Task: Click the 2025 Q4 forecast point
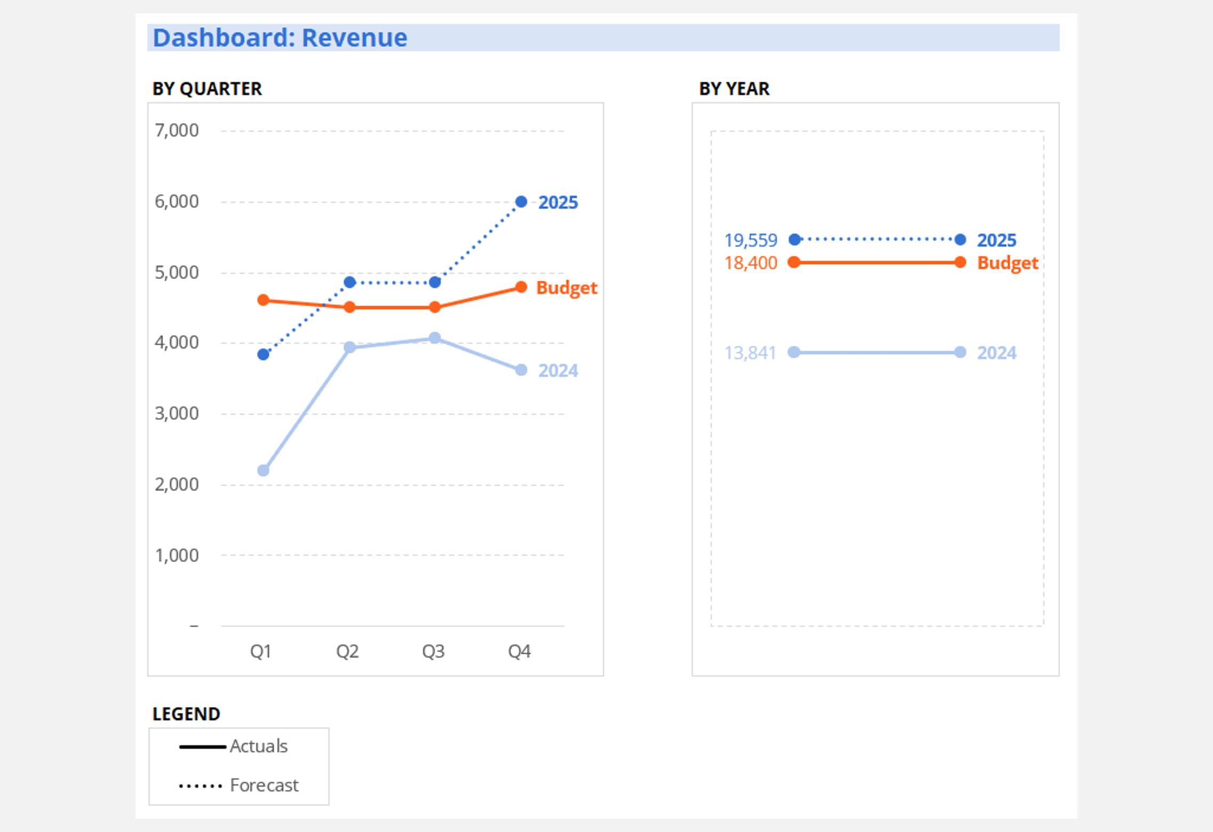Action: [521, 202]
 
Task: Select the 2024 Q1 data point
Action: [263, 470]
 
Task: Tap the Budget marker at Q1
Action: [263, 300]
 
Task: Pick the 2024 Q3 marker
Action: [435, 338]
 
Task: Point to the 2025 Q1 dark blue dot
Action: [263, 354]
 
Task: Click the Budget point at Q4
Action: [521, 288]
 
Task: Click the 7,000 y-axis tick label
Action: [177, 130]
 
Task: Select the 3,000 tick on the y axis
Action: [177, 413]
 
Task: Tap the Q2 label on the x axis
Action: [347, 651]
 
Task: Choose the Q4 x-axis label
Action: [519, 651]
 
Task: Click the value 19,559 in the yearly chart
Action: [751, 240]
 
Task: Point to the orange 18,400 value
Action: [751, 263]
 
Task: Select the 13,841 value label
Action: [750, 353]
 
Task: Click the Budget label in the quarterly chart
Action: [566, 288]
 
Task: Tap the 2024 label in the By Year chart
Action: [996, 353]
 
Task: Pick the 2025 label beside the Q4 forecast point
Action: [558, 203]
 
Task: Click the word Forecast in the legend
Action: [264, 785]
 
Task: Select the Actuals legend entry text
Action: [259, 746]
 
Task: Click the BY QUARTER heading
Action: [207, 89]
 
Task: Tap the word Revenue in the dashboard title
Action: [354, 38]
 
